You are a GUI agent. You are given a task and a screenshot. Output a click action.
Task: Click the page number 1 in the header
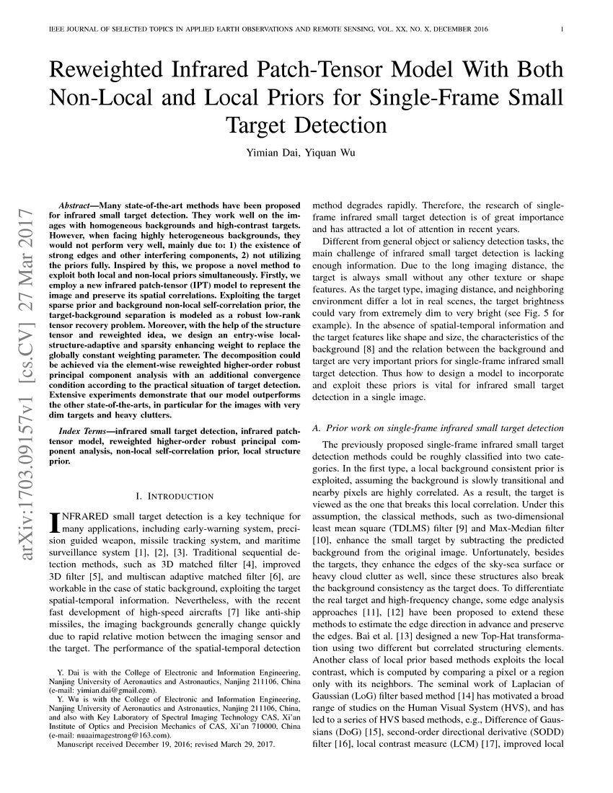tap(561, 30)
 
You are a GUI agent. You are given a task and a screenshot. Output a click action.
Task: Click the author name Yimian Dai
tap(273, 153)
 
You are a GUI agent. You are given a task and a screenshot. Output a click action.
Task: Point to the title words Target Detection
tap(306, 125)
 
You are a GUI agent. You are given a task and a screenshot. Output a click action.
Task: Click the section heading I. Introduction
tap(175, 496)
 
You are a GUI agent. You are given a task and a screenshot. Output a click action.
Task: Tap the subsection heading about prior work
tap(438, 428)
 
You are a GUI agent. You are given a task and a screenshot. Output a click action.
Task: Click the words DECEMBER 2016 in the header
tap(461, 30)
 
